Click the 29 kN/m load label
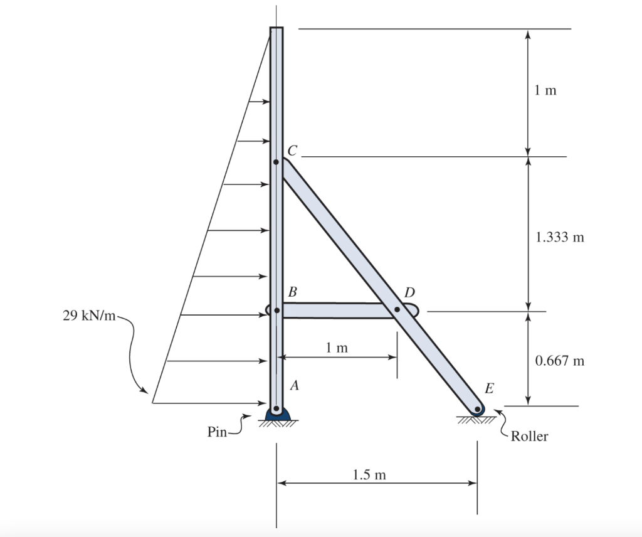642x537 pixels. point(89,316)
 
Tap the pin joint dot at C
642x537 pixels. point(276,162)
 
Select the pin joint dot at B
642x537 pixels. point(276,311)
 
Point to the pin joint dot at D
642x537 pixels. point(397,310)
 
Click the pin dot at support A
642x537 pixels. point(276,408)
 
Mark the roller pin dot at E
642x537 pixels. point(477,409)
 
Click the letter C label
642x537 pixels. point(292,151)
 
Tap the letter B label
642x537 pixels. point(292,292)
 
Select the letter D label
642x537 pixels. point(409,292)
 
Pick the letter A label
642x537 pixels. point(294,385)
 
